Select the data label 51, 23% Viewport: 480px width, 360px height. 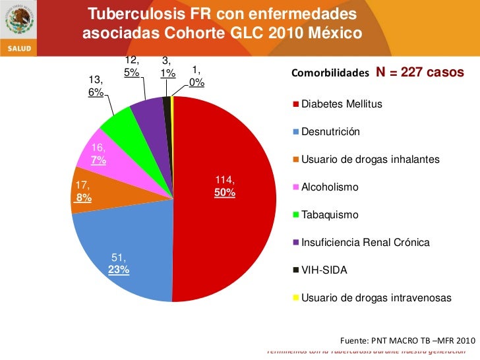point(119,264)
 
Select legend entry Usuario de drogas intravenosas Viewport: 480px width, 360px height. point(376,298)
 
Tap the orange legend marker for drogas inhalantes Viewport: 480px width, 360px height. point(297,160)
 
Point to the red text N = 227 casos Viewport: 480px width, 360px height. point(420,72)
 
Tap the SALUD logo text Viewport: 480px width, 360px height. point(18,48)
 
